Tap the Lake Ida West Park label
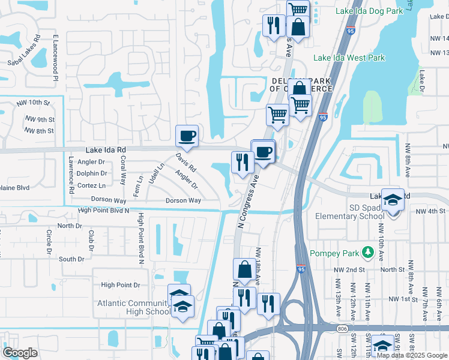coord(349,58)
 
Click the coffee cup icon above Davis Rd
coord(187,136)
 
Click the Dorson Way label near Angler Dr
coord(183,200)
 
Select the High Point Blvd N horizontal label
coord(104,211)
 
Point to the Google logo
coord(20,352)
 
